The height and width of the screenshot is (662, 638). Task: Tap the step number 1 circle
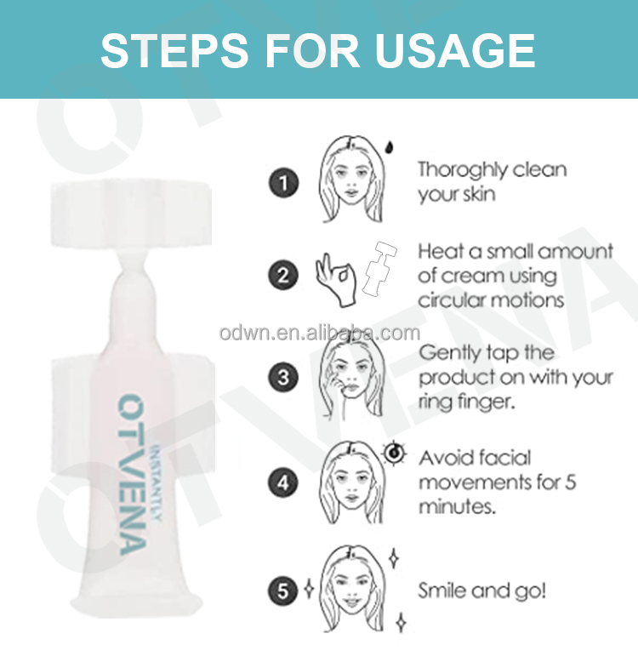point(283,183)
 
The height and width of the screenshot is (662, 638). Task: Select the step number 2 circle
point(283,276)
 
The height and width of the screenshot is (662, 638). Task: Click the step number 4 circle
point(283,483)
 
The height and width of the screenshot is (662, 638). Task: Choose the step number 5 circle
point(283,589)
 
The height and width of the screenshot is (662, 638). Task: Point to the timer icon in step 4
point(395,453)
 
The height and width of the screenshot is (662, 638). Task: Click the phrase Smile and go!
point(482,590)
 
